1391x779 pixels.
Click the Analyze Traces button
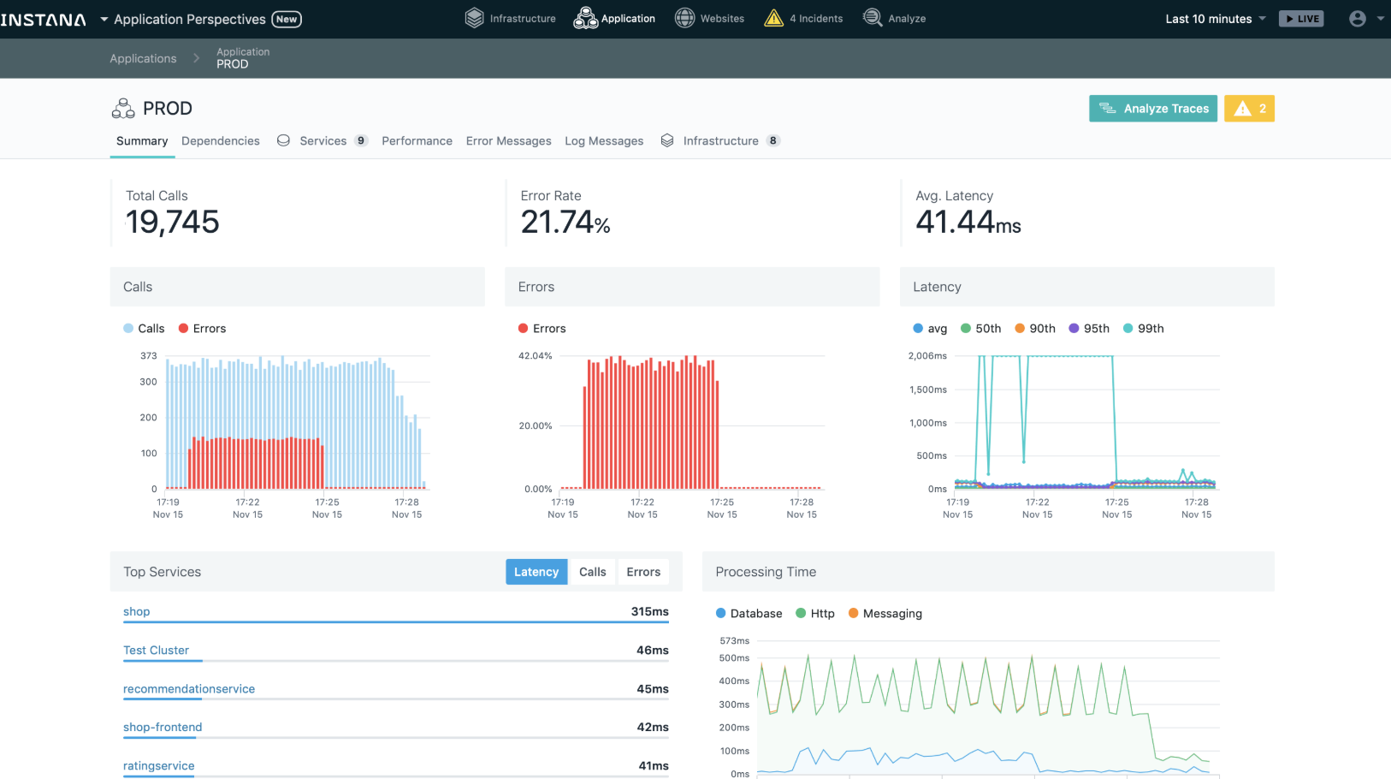[1152, 109]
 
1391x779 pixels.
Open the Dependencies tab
[220, 141]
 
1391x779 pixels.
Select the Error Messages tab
[508, 141]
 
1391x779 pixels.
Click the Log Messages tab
[603, 141]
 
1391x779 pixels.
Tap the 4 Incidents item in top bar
[804, 19]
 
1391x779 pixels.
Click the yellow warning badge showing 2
[1249, 109]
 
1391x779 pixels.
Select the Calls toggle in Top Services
[592, 572]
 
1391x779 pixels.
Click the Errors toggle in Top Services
[643, 572]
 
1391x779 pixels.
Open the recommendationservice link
[189, 689]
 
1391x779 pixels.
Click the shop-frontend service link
[163, 728]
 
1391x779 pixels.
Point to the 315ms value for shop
[649, 612]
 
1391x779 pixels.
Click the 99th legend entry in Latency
[1143, 329]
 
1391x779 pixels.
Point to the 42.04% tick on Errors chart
[536, 356]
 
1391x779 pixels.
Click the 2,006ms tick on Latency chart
[927, 356]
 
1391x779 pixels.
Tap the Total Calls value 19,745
[173, 223]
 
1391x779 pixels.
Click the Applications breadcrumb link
[143, 59]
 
